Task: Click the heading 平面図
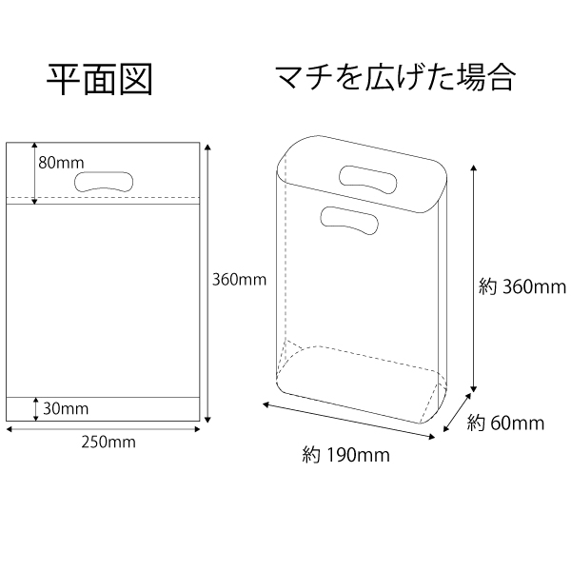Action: [99, 80]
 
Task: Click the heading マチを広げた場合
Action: [396, 78]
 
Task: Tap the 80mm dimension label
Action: [61, 163]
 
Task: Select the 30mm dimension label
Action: [66, 408]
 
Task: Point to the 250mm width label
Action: [108, 443]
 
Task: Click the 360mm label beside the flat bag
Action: [239, 280]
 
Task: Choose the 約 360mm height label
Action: [522, 287]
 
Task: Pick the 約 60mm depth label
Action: [505, 423]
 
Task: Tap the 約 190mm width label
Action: [346, 455]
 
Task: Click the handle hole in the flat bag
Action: [104, 182]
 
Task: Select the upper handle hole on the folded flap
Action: [367, 179]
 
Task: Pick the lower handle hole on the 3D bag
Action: [349, 221]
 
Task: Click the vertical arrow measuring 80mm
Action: [34, 173]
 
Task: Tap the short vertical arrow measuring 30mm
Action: [36, 409]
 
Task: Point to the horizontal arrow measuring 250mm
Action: [104, 429]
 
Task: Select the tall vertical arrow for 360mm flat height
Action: [207, 284]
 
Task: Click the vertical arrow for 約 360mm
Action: [473, 278]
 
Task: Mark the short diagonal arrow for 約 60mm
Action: [457, 413]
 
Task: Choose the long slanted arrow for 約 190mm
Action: [349, 421]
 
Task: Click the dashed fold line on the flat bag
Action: [103, 197]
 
